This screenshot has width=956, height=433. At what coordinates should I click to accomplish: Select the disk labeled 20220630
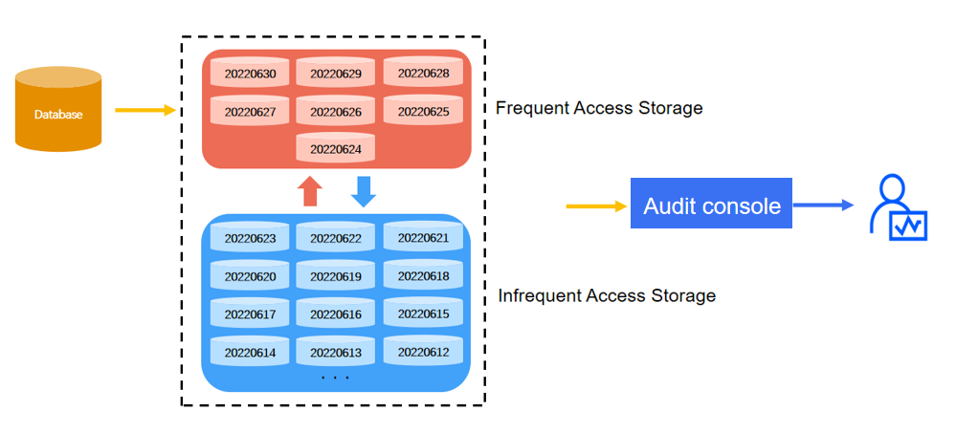(x=250, y=74)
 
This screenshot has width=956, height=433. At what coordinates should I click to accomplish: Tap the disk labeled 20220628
(x=423, y=73)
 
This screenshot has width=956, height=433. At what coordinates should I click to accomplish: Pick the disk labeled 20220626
(x=336, y=112)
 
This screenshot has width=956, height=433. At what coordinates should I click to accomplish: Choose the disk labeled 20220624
(x=336, y=148)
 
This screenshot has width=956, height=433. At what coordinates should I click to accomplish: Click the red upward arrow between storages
(x=309, y=190)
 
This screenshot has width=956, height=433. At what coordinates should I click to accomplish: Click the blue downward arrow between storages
(x=364, y=190)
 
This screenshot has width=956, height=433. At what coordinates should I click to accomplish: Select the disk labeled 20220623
(x=250, y=238)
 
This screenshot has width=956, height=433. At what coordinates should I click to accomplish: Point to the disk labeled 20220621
(x=423, y=237)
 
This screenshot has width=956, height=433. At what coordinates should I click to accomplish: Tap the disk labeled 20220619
(x=336, y=276)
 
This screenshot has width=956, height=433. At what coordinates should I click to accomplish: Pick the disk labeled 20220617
(x=250, y=314)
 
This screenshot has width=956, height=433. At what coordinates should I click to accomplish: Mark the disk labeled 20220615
(x=423, y=314)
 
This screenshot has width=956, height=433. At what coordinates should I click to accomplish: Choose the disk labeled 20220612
(x=423, y=352)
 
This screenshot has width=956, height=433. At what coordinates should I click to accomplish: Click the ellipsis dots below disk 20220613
(x=335, y=379)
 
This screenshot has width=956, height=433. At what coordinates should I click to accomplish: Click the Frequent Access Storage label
(x=599, y=108)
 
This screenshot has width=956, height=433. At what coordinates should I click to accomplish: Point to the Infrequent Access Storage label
(x=607, y=295)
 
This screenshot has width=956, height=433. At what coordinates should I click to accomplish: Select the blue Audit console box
(x=711, y=205)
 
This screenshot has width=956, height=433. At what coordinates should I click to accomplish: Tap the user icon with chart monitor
(x=897, y=207)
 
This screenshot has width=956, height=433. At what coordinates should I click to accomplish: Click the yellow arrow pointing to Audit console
(x=594, y=206)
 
